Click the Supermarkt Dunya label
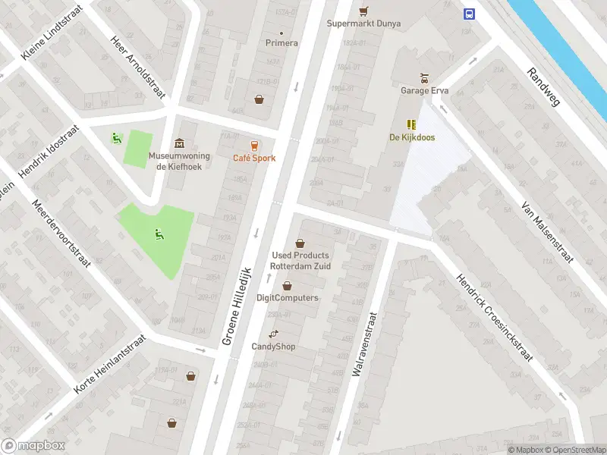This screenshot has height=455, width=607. (x=363, y=24)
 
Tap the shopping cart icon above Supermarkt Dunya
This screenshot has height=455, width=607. (x=363, y=11)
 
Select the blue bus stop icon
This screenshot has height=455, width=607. (x=470, y=13)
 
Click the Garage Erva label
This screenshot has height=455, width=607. (x=425, y=90)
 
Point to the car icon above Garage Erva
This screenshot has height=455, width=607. (x=425, y=77)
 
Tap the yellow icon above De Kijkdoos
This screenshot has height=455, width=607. (x=410, y=124)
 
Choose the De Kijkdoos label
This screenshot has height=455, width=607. (x=410, y=137)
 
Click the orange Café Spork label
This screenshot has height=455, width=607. (x=254, y=158)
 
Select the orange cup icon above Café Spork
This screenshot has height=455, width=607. (x=254, y=145)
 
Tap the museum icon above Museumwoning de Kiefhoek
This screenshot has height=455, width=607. (x=179, y=143)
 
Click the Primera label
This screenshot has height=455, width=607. (x=281, y=43)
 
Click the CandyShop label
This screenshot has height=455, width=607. (x=273, y=347)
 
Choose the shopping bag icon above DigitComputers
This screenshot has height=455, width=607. (x=287, y=286)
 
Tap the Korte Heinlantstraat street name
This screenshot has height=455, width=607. (x=109, y=365)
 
